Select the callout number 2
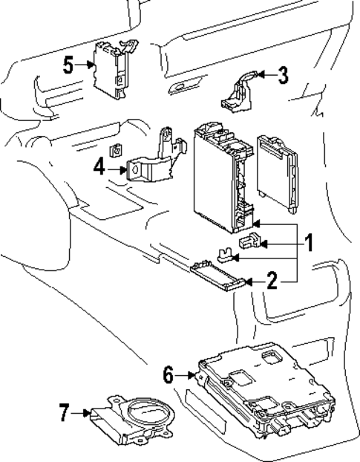click(272, 281)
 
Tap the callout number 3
click(284, 74)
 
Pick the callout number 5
click(68, 65)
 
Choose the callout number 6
click(169, 375)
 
